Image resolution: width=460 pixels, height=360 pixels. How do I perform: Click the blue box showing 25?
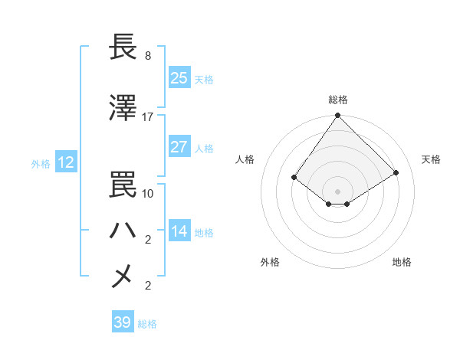click(179, 78)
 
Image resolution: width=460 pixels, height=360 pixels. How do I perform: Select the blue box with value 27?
click(179, 147)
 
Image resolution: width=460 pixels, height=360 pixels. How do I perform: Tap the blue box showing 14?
click(179, 231)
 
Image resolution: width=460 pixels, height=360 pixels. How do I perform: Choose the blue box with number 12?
click(65, 162)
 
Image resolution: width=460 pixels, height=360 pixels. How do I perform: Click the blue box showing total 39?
click(123, 322)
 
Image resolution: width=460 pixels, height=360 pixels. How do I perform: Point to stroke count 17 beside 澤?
click(148, 117)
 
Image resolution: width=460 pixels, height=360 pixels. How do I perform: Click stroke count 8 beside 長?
click(148, 56)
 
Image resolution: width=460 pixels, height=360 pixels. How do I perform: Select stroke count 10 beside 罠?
click(148, 193)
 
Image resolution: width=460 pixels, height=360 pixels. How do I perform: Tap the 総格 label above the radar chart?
click(338, 100)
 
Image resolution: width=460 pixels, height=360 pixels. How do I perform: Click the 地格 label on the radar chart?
click(402, 263)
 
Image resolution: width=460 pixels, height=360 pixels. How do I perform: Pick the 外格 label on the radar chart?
click(270, 263)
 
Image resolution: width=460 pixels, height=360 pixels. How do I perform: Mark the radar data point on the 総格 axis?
click(338, 116)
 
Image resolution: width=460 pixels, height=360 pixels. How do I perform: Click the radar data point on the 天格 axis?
click(396, 172)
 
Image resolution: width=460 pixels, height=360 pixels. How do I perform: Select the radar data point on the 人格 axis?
click(294, 177)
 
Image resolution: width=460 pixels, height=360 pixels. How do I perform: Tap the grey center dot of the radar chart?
click(338, 191)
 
